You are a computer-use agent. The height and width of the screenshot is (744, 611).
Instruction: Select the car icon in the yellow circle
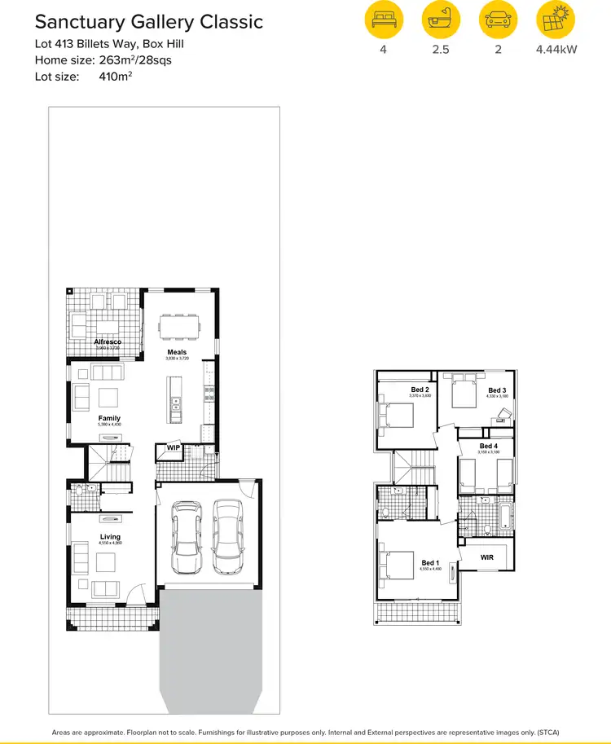[498, 20]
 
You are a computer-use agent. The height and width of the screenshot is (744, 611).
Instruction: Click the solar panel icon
[556, 20]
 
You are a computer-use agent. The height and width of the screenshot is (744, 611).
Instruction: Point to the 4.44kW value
[556, 49]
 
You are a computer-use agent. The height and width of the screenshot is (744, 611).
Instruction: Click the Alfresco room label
[107, 341]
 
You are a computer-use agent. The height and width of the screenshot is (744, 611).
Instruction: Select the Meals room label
[177, 353]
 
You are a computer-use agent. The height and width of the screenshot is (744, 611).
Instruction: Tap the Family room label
[109, 418]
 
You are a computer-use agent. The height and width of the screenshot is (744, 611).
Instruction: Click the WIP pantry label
[173, 447]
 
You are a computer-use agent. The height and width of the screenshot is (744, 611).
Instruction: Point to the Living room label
[110, 537]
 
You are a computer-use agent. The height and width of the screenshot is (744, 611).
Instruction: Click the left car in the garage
[187, 538]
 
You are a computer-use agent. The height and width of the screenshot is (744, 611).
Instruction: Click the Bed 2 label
[420, 390]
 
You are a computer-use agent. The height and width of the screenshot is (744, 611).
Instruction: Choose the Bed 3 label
[497, 390]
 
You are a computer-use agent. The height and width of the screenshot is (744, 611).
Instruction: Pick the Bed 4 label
[488, 447]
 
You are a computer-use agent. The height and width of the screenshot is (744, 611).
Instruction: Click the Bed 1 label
[430, 563]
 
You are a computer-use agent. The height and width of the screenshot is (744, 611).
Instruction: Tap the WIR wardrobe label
[487, 557]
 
